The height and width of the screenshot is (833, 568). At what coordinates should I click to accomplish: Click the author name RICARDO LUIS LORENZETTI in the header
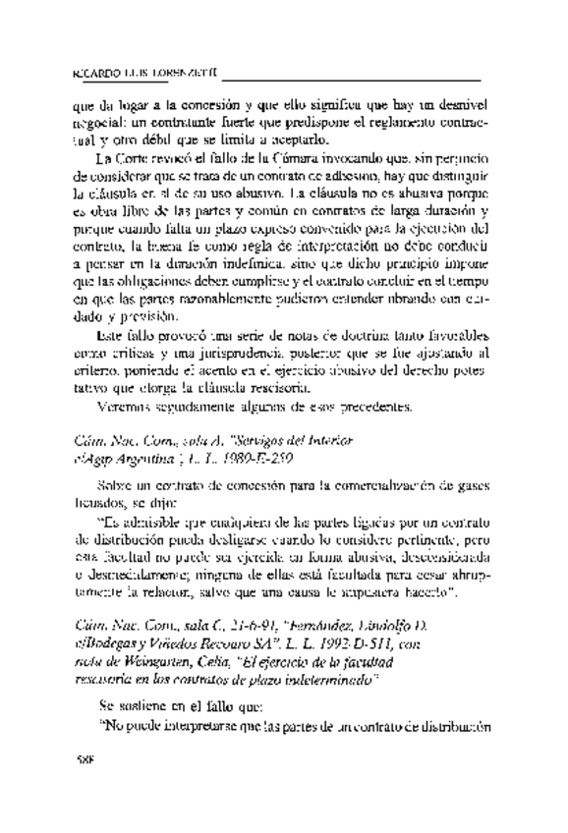(x=148, y=73)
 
